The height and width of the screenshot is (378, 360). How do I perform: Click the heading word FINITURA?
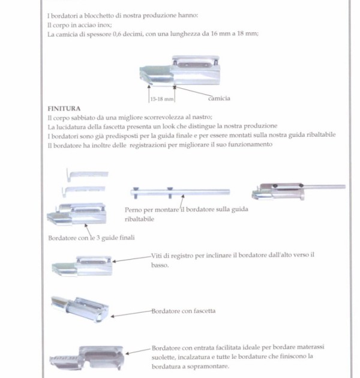(x=64, y=109)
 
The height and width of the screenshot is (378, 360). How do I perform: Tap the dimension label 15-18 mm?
(x=162, y=99)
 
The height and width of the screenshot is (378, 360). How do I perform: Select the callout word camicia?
(x=219, y=98)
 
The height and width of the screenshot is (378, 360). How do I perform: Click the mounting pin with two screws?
(x=180, y=193)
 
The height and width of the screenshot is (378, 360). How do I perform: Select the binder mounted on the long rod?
(x=299, y=191)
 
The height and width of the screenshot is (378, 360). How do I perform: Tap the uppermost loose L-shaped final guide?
(x=87, y=174)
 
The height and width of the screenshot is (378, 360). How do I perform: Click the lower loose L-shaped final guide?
(x=83, y=191)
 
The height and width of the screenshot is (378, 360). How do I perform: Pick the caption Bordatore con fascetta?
(x=184, y=311)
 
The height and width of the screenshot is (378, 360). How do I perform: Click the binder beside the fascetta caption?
(x=80, y=309)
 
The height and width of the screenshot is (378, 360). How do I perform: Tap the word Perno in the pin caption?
(x=133, y=210)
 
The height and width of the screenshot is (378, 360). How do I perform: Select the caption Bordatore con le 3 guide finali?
(x=91, y=238)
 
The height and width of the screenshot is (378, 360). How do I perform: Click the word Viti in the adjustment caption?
(x=156, y=256)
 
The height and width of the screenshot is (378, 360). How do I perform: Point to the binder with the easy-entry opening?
(x=87, y=358)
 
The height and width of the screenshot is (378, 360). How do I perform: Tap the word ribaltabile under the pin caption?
(x=139, y=219)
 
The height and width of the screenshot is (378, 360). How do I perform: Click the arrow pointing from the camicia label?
(x=193, y=92)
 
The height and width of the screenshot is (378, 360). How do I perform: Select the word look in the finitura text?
(x=169, y=127)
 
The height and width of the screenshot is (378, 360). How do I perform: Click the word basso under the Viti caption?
(x=160, y=265)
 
